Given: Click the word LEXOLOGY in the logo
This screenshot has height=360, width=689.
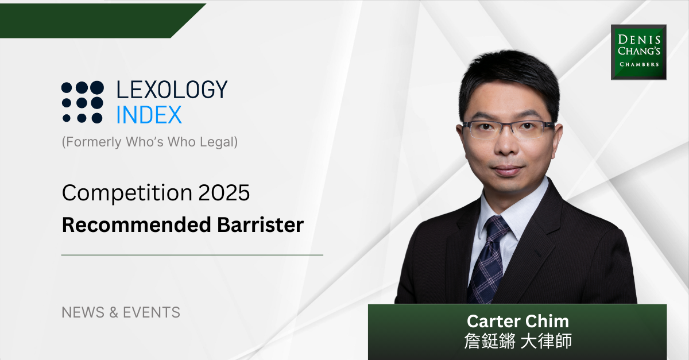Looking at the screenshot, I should (x=172, y=90).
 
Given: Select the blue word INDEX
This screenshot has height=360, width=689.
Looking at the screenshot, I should (x=149, y=115).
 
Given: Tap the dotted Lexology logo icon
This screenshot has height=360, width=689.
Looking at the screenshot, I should (x=83, y=102).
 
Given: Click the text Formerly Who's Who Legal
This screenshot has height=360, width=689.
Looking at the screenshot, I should (x=149, y=142).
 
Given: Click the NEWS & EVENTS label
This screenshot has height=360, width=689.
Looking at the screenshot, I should (x=121, y=312).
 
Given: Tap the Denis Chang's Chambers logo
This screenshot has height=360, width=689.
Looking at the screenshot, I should (x=638, y=52).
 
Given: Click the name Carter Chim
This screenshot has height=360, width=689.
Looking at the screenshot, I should (x=517, y=320).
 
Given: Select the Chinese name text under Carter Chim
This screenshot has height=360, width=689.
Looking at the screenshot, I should (x=517, y=341).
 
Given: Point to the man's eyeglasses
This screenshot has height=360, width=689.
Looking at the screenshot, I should (x=508, y=130).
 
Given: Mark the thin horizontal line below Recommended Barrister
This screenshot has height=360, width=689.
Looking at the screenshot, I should (x=192, y=254).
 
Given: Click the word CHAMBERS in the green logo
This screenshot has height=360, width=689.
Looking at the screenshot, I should (x=638, y=64).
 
